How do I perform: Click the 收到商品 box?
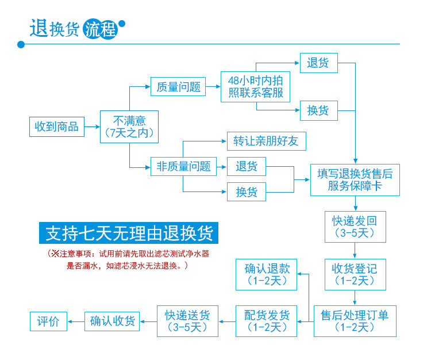point(57,127)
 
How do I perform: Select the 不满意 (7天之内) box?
point(129,127)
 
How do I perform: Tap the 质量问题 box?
point(178,87)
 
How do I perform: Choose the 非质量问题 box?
point(183,167)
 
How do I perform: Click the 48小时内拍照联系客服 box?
point(256,87)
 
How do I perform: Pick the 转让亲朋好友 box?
point(266,141)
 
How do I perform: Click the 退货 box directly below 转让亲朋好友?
point(247,167)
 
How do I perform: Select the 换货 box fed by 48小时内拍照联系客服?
point(318,110)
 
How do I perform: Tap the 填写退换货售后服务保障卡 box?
point(355,179)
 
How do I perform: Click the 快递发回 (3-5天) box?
point(355,226)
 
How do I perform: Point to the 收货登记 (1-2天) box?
point(355,274)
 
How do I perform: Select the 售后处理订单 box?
point(355,321)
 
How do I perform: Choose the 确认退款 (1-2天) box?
point(267,274)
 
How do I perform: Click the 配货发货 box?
point(267,321)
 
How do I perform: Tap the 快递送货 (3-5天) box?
point(187,321)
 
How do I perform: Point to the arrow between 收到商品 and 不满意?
point(92,127)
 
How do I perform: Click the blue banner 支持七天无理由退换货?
point(129,233)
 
